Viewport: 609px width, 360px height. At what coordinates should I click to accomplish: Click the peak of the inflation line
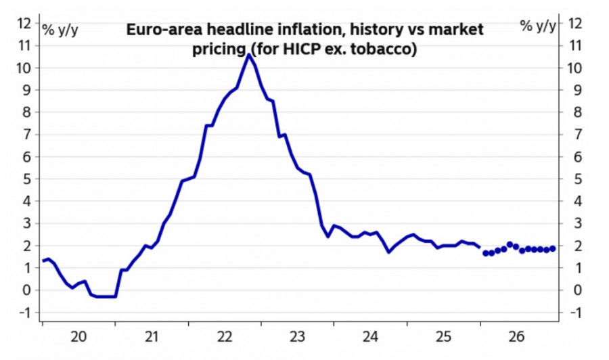pyautogui.click(x=248, y=55)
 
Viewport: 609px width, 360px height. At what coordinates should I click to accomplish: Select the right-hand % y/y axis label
pyautogui.click(x=538, y=26)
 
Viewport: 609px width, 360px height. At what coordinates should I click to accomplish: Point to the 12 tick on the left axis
pyautogui.click(x=24, y=24)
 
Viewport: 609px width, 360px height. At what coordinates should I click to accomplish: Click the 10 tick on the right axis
pyautogui.click(x=576, y=68)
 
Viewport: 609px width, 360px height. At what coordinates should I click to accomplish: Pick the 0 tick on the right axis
pyautogui.click(x=574, y=290)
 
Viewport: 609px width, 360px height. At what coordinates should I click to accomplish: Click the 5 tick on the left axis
pyautogui.click(x=27, y=179)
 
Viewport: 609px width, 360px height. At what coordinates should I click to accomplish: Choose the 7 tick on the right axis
pyautogui.click(x=574, y=135)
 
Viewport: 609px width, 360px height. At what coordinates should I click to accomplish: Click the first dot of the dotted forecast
pyautogui.click(x=485, y=253)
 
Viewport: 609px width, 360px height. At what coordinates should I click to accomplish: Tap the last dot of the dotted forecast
pyautogui.click(x=553, y=248)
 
